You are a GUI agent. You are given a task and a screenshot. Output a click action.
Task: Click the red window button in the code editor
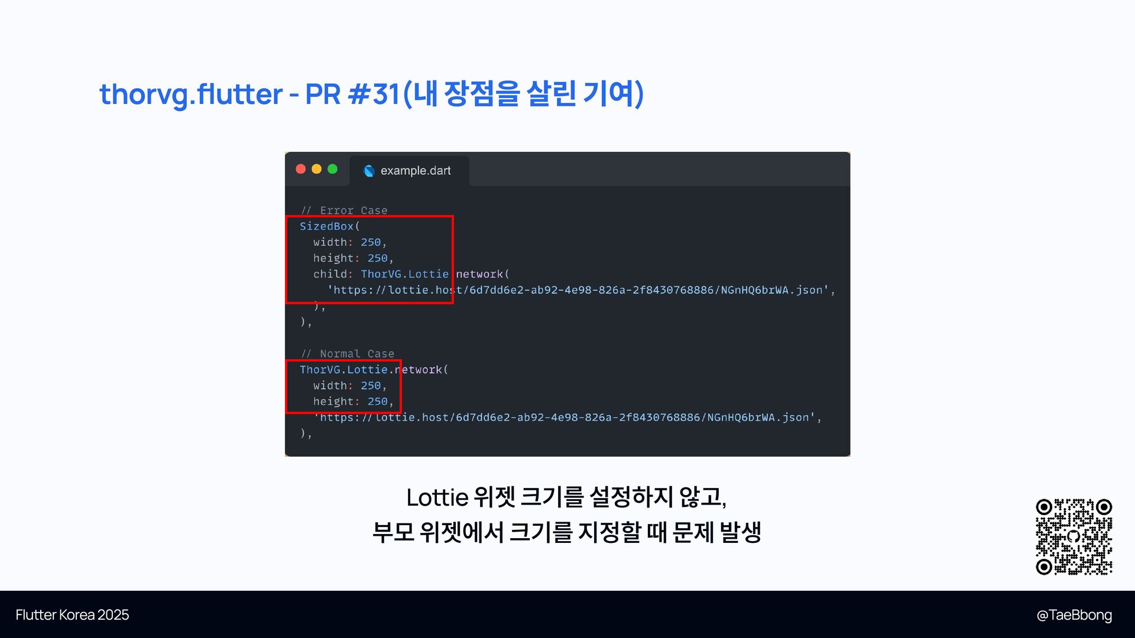pos(300,169)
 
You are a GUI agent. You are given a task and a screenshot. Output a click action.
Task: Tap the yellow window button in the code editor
pos(316,169)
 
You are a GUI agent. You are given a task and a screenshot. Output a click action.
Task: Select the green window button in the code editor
pos(332,169)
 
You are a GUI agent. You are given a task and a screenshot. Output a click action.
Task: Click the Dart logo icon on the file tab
pos(369,171)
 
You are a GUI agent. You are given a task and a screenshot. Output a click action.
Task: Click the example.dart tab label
pos(415,171)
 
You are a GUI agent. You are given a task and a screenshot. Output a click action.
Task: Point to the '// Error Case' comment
pos(344,210)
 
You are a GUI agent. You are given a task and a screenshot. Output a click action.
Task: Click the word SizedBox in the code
pos(326,226)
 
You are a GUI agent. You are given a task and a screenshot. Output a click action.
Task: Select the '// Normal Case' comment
pos(348,354)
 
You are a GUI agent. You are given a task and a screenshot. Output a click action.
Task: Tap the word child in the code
pos(330,274)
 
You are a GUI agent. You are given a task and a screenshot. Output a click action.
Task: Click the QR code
pos(1074,536)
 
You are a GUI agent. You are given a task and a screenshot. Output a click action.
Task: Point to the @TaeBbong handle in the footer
pos(1074,615)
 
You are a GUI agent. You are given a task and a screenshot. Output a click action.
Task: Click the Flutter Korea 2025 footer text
pos(72,615)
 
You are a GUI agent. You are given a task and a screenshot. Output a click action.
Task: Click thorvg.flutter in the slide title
pos(191,95)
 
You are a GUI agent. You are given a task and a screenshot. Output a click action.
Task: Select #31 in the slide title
pos(375,95)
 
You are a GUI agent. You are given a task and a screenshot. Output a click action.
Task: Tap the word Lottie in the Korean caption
pos(437,497)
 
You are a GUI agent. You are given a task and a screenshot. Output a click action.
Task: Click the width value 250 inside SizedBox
pos(371,242)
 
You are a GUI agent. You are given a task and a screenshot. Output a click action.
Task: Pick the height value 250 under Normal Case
pos(377,402)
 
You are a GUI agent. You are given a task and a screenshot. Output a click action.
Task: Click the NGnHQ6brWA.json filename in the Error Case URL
pos(771,290)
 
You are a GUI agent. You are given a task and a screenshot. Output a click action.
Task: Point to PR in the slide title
pos(323,95)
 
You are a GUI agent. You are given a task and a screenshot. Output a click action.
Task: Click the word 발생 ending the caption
pos(740,532)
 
